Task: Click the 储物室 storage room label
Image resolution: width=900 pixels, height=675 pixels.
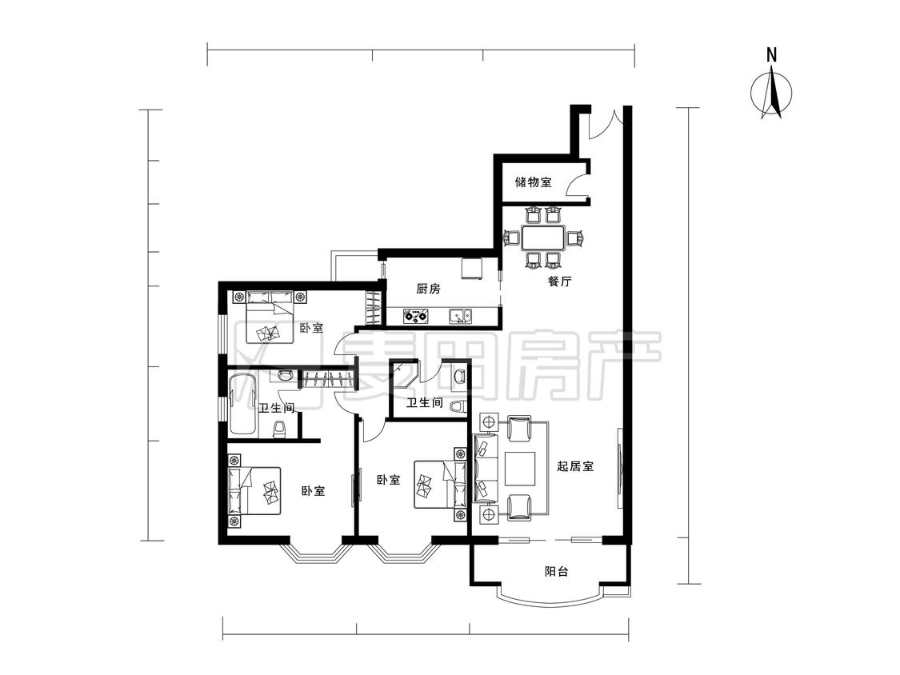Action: click(534, 182)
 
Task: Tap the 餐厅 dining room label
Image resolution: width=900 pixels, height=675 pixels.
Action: click(560, 282)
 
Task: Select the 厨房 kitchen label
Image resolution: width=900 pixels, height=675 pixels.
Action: click(428, 289)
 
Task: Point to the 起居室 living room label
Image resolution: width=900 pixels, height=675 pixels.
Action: click(575, 466)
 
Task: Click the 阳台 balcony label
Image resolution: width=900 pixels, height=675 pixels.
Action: click(556, 571)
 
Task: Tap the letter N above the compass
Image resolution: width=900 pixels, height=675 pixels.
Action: click(772, 55)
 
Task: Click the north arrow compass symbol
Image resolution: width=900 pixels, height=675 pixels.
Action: click(772, 93)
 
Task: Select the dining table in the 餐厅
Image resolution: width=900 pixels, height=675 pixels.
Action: click(543, 237)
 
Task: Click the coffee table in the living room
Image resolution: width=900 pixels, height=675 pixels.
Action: click(520, 469)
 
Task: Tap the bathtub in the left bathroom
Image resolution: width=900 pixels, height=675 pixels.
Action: click(242, 404)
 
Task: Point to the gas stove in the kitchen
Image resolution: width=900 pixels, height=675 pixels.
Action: click(415, 315)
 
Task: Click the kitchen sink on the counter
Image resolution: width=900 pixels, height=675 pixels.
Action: click(461, 316)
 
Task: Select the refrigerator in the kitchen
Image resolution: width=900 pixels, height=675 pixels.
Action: click(474, 270)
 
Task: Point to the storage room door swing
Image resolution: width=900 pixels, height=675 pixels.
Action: click(577, 184)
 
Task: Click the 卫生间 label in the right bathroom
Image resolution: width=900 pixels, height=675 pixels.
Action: click(425, 403)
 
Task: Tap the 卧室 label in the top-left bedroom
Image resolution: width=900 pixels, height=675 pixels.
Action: click(312, 329)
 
